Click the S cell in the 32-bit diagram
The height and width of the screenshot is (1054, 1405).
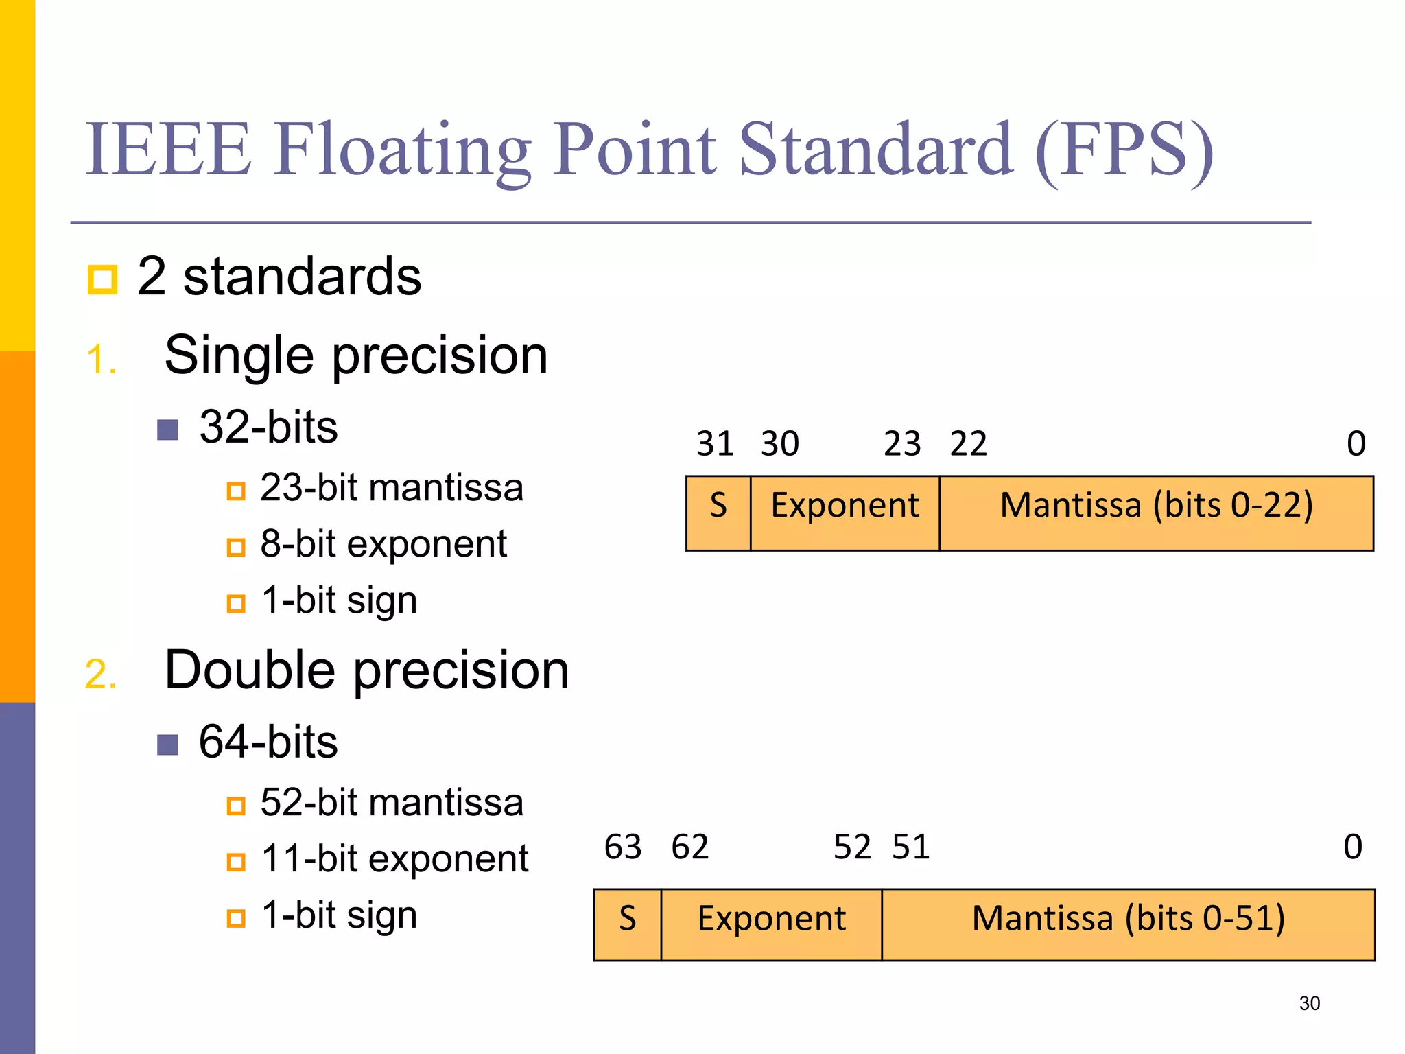pos(718,513)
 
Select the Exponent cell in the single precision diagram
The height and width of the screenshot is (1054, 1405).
pos(845,513)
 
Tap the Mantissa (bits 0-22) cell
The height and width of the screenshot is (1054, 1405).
pos(1156,513)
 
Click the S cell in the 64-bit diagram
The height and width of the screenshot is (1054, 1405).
pos(627,924)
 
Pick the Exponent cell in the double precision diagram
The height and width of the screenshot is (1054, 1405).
pos(771,924)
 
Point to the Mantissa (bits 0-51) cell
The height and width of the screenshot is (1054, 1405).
pos(1128,924)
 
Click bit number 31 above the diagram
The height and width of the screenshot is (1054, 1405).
pos(715,443)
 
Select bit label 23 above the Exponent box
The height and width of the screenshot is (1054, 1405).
pos(901,443)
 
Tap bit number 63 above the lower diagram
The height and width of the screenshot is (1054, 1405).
pos(622,847)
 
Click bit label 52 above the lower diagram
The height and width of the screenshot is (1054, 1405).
pos(851,847)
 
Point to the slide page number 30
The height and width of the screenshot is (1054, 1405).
pos(1309,1003)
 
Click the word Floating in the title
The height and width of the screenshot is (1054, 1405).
pos(403,150)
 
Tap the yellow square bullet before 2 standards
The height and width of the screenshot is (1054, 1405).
pos(103,279)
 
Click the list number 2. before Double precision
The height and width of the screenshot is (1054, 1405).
pos(100,674)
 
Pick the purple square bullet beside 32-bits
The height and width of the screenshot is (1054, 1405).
pos(167,430)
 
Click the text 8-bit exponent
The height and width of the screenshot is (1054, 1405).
pos(383,545)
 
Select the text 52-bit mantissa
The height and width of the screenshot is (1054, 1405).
pos(391,802)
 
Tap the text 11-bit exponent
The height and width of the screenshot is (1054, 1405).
pos(394,859)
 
